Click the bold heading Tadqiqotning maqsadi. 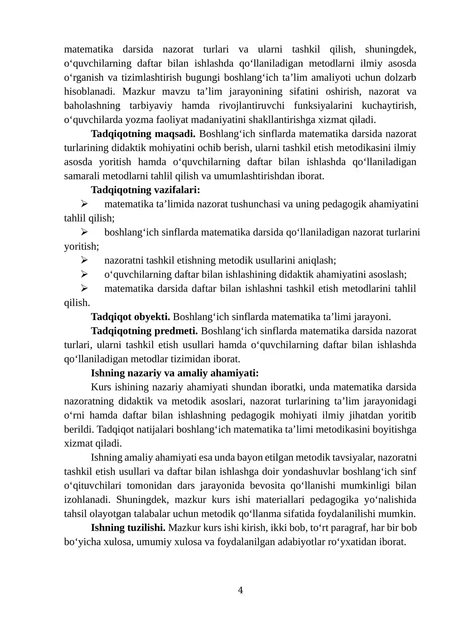coord(143,134)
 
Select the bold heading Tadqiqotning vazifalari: coord(145,190)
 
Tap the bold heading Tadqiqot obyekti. coord(130,317)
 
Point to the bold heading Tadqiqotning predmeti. coord(144,331)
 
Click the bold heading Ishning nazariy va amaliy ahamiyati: coord(175,373)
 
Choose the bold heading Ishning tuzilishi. coord(128,528)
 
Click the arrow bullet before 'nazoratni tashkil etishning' coord(84,260)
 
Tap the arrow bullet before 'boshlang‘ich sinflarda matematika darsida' coord(84,232)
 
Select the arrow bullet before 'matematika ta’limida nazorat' coord(84,204)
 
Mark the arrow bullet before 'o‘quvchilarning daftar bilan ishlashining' coord(84,274)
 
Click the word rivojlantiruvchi coord(251,106)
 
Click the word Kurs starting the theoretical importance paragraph coord(101,387)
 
